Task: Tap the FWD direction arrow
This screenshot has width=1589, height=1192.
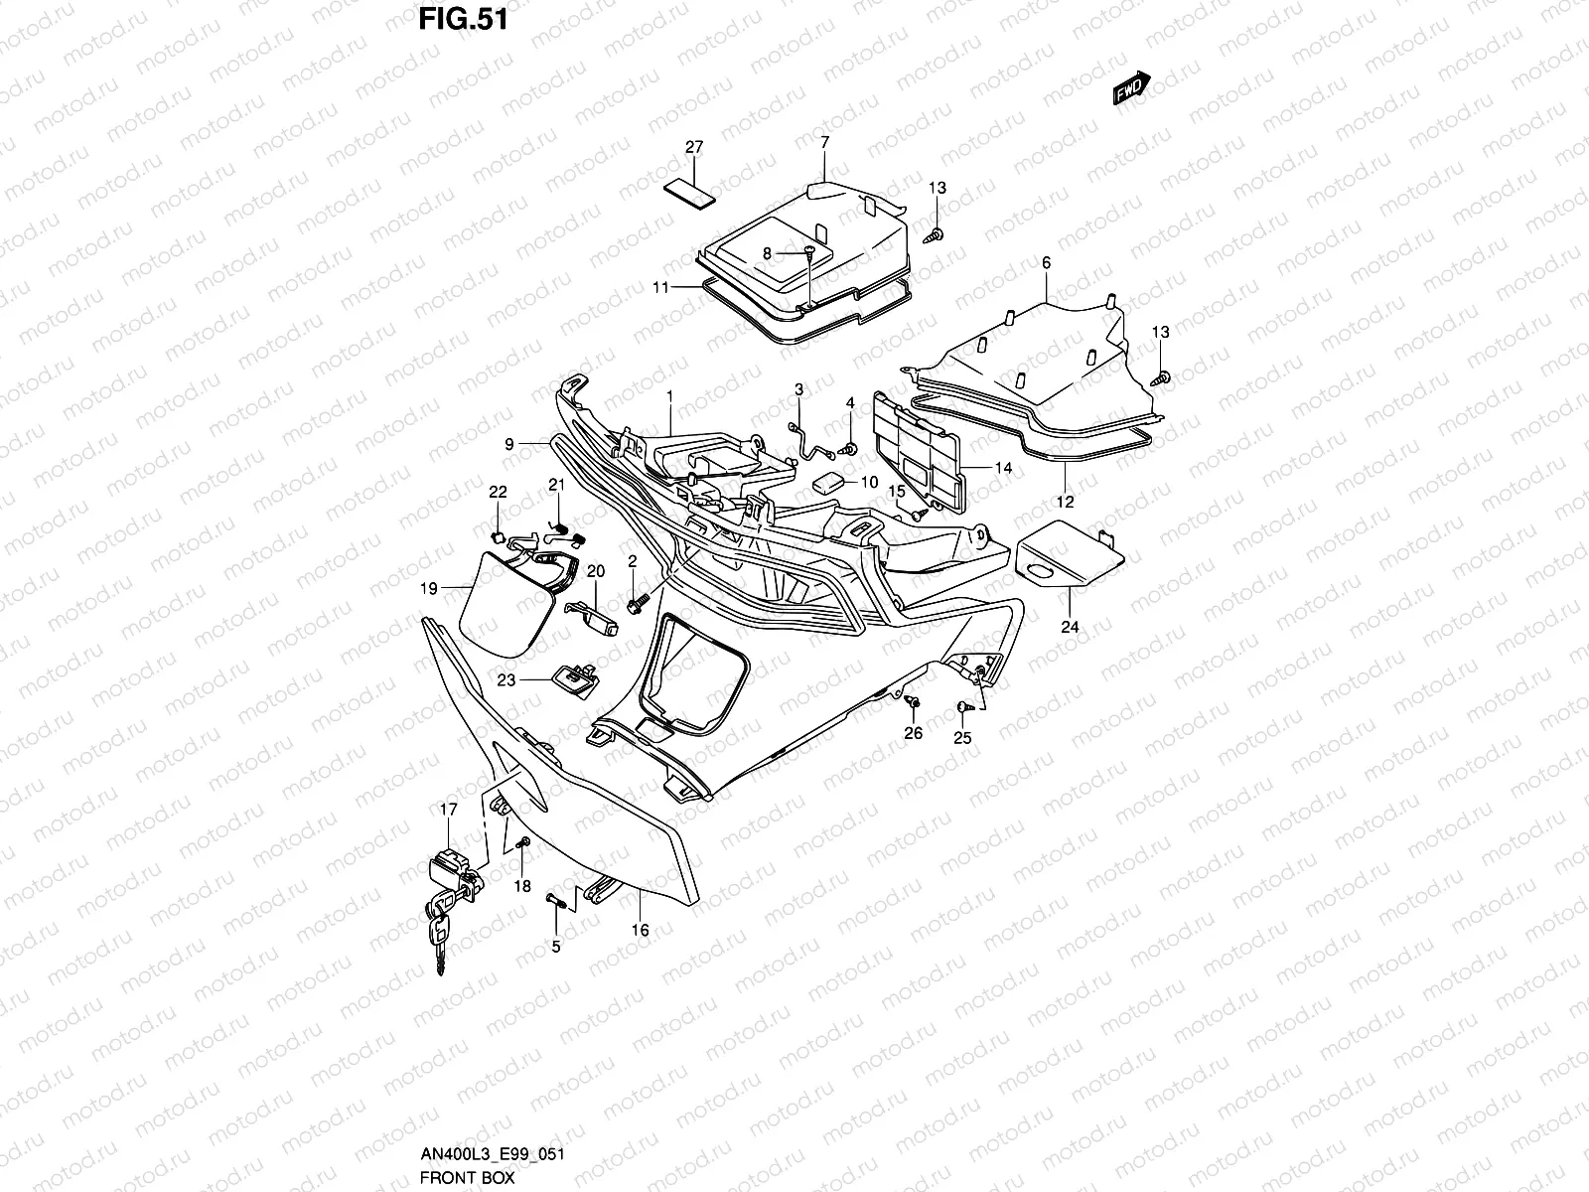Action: [x=1131, y=88]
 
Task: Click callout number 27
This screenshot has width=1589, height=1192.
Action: [x=694, y=147]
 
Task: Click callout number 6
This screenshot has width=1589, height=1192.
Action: [x=1046, y=263]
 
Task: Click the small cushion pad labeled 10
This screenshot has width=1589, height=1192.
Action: [x=831, y=484]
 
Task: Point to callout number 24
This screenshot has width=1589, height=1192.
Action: [x=1069, y=627]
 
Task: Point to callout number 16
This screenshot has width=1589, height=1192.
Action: [x=641, y=931]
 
